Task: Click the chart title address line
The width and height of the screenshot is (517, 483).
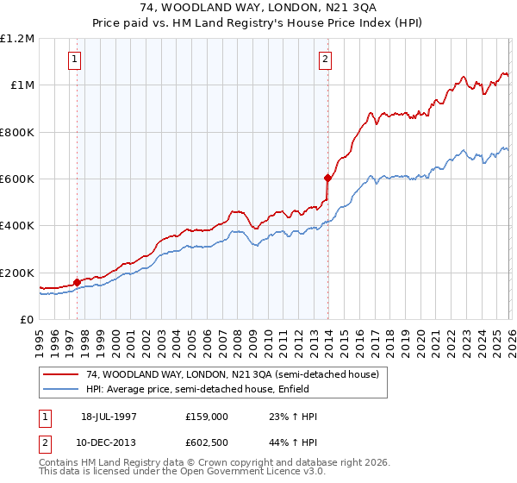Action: coord(258,7)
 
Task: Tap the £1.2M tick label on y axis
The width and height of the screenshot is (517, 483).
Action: coord(17,39)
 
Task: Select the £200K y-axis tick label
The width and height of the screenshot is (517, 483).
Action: coord(17,273)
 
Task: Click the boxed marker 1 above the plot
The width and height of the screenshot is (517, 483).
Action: coord(76,60)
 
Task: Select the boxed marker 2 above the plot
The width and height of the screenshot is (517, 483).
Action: coord(326,60)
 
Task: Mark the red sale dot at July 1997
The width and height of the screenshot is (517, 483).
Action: coord(78,281)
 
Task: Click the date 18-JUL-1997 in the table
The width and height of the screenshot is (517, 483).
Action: coord(109,416)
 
